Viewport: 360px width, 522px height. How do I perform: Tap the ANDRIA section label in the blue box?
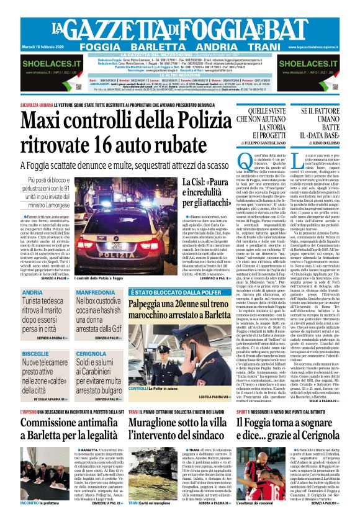point(32,292)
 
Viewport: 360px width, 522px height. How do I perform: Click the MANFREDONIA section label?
point(95,292)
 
